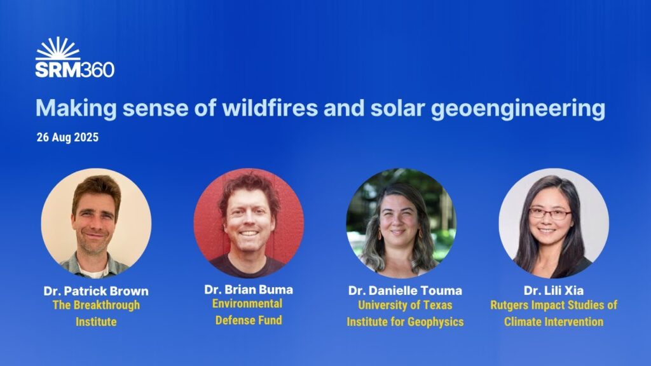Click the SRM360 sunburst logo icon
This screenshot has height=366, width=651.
point(58,49)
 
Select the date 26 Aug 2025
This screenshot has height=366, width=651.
point(67,137)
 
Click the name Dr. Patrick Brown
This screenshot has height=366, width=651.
point(96,291)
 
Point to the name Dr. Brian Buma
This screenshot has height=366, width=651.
point(249,290)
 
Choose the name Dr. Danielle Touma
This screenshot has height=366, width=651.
point(405,291)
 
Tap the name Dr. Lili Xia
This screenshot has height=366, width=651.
point(553,291)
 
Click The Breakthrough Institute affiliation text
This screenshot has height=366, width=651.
point(96,313)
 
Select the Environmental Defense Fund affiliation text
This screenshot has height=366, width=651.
point(249,311)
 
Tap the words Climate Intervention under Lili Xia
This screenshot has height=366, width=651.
point(553,322)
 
